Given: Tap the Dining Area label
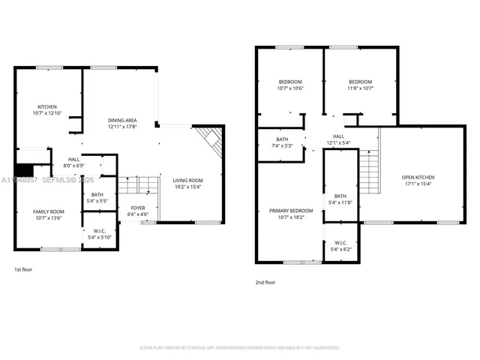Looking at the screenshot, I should pos(121,120).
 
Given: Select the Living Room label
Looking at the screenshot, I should pos(188,181).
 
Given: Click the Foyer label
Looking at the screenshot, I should pos(139,208).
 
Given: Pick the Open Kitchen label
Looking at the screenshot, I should pos(418,177).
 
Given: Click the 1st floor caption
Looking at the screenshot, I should pos(23,269).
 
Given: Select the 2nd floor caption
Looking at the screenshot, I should pos(265,283).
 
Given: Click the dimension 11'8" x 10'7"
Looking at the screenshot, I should pos(359,88).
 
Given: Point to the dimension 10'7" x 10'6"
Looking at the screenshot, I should pos(290,88).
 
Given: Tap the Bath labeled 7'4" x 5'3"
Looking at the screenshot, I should pos(282,142).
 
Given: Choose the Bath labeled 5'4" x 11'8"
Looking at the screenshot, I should pos(340,199).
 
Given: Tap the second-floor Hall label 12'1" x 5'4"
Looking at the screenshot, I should pos(339,139).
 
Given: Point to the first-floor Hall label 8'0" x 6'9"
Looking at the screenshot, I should pos(74,162).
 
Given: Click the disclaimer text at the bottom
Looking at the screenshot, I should pos(240,348).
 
